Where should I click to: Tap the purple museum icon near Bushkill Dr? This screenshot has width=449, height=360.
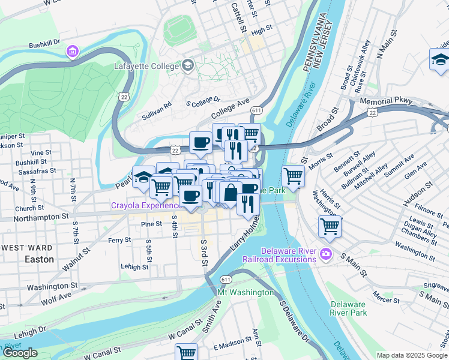click(73, 52)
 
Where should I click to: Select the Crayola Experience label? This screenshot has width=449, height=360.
click(146, 206)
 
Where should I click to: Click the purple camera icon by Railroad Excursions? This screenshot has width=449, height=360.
click(326, 253)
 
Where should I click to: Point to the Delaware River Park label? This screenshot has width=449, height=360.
click(348, 308)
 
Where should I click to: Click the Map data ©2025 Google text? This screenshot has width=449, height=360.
click(411, 355)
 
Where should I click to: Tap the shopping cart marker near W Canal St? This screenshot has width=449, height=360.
click(187, 353)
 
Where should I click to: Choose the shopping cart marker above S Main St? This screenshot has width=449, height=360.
click(330, 226)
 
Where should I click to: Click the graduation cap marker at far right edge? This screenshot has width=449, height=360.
click(440, 59)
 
